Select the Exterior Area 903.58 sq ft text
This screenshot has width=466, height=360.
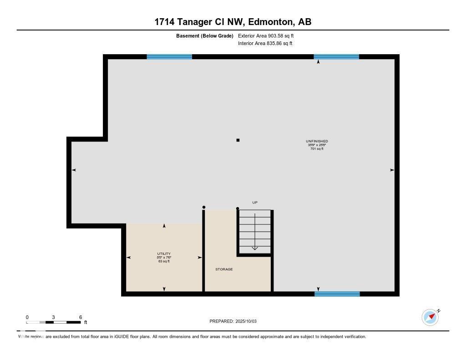pyautogui.click(x=269, y=35)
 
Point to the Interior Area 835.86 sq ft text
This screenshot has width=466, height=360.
pyautogui.click(x=265, y=44)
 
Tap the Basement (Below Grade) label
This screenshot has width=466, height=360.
pyautogui.click(x=205, y=35)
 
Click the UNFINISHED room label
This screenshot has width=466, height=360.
pyautogui.click(x=317, y=142)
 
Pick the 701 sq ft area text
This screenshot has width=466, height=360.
pyautogui.click(x=317, y=149)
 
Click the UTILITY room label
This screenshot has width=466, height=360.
pyautogui.click(x=164, y=254)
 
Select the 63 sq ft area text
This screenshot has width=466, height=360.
pyautogui.click(x=164, y=261)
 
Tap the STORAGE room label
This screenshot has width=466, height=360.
pyautogui.click(x=224, y=269)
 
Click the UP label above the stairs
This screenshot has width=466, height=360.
pyautogui.click(x=255, y=203)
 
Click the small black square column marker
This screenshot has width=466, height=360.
pyautogui.click(x=238, y=140)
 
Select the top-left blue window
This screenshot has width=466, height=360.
pyautogui.click(x=169, y=57)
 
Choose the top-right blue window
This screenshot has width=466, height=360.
pyautogui.click(x=336, y=57)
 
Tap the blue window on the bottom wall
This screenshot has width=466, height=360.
pyautogui.click(x=337, y=294)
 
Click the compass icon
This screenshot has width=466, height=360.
pyautogui.click(x=430, y=317)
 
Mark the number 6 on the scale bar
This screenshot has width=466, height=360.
pyautogui.click(x=80, y=317)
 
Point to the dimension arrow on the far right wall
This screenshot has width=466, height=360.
pyautogui.click(x=392, y=170)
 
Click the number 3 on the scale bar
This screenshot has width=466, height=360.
pyautogui.click(x=53, y=317)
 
